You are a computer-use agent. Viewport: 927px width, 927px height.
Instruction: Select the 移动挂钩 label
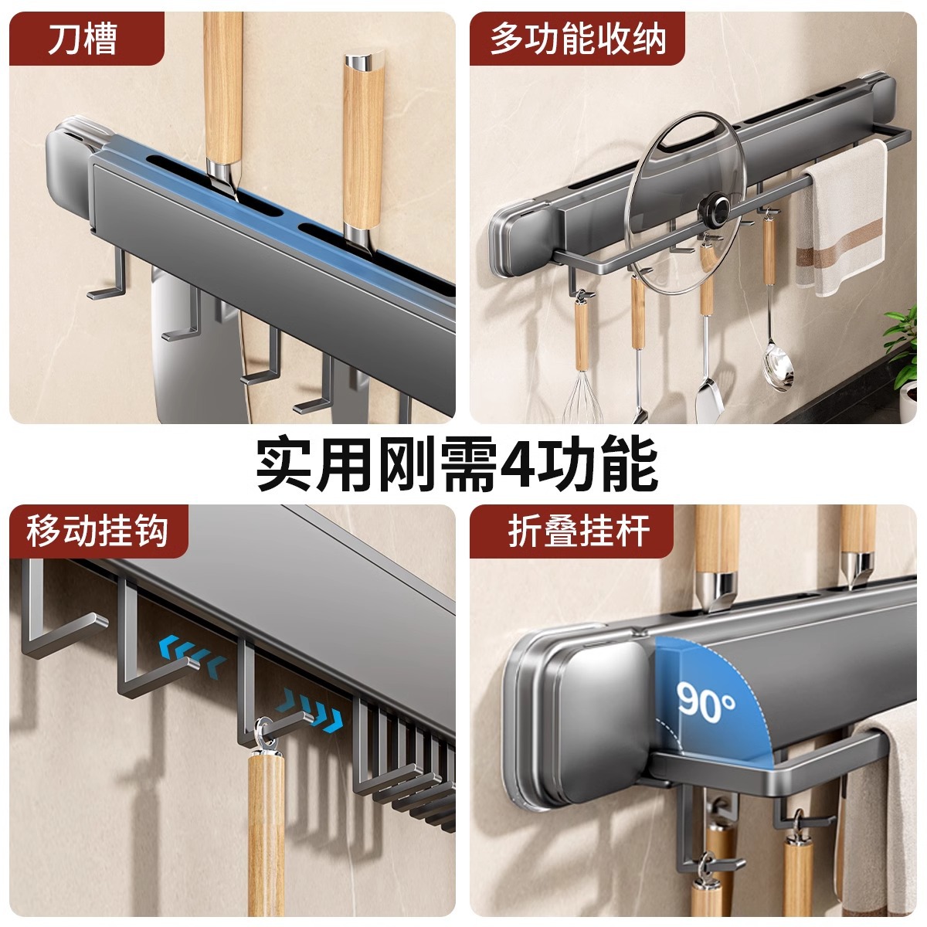(x=97, y=531)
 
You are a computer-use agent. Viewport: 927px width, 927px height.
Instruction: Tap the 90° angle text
(x=706, y=701)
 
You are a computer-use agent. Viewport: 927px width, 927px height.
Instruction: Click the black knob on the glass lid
(x=715, y=209)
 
